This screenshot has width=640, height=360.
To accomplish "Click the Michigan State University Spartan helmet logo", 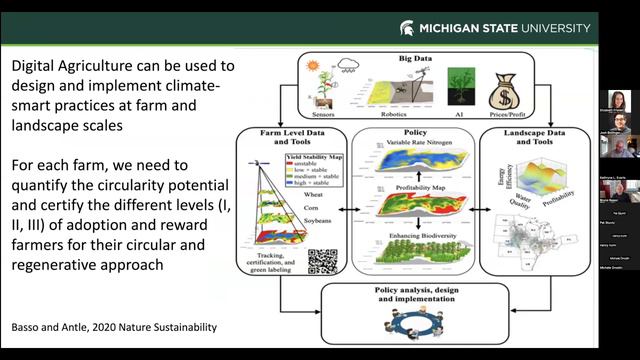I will pos(407,28).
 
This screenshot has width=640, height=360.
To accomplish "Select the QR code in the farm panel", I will pos(319,260).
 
